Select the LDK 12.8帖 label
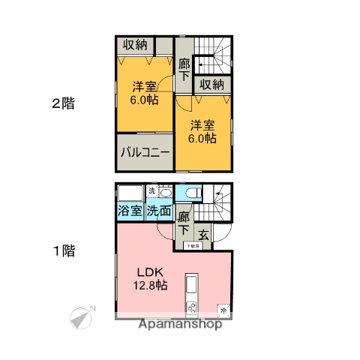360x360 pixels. [151, 278]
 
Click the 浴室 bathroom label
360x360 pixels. [130, 211]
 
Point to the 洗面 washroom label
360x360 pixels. [158, 211]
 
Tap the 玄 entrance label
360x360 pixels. [204, 233]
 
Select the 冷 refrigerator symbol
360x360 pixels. [223, 307]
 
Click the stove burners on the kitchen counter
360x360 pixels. [190, 307]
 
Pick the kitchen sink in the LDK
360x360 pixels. [190, 286]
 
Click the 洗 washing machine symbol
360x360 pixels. [152, 190]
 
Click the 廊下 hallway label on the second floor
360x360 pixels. [184, 71]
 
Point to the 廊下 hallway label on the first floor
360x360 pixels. [184, 223]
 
